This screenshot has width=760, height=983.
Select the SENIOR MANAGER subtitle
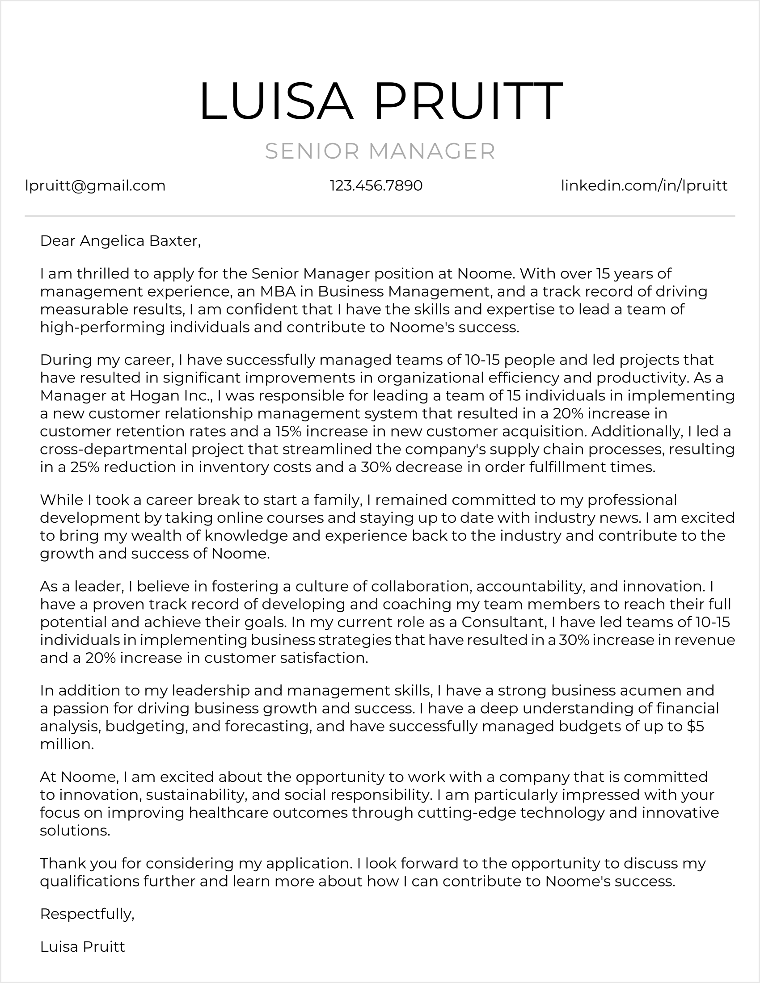[380, 151]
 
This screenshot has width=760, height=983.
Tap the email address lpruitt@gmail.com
[96, 185]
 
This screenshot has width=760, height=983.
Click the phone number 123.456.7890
[376, 185]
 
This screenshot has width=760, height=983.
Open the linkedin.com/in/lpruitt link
[644, 185]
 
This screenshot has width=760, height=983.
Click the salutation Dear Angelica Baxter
[120, 241]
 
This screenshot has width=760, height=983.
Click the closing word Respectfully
[87, 914]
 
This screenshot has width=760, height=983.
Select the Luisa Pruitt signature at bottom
[82, 946]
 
